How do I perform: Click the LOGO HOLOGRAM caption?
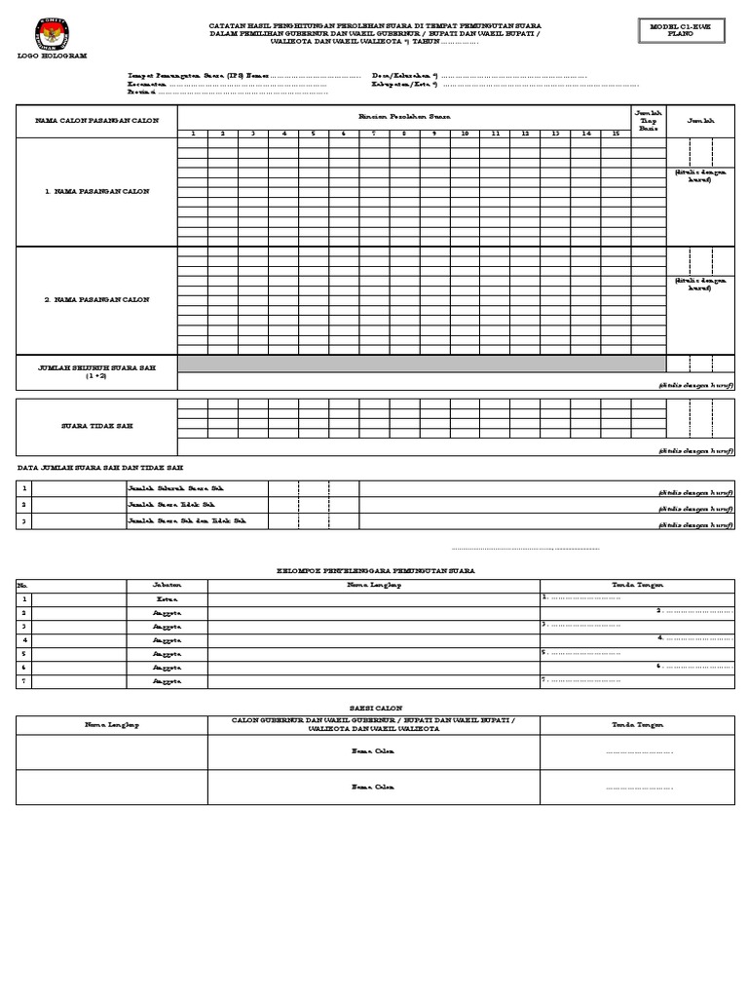click(x=52, y=56)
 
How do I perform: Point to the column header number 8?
click(x=404, y=133)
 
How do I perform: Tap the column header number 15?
click(x=616, y=133)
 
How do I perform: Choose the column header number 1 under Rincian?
click(x=193, y=133)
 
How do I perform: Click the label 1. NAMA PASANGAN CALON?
click(x=96, y=191)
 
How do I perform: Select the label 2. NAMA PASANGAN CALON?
click(x=96, y=300)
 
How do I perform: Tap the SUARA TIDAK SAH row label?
click(x=96, y=426)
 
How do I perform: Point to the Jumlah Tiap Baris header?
click(x=648, y=120)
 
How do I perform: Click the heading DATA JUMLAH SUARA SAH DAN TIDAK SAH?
click(x=99, y=469)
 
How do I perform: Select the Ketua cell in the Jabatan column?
click(x=167, y=598)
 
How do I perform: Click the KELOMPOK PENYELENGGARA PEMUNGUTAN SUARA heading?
click(x=375, y=569)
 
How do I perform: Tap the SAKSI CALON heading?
click(x=375, y=708)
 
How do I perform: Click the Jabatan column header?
click(x=167, y=585)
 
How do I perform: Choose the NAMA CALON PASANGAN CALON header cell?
click(x=96, y=121)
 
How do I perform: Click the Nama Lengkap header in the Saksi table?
click(x=111, y=724)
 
